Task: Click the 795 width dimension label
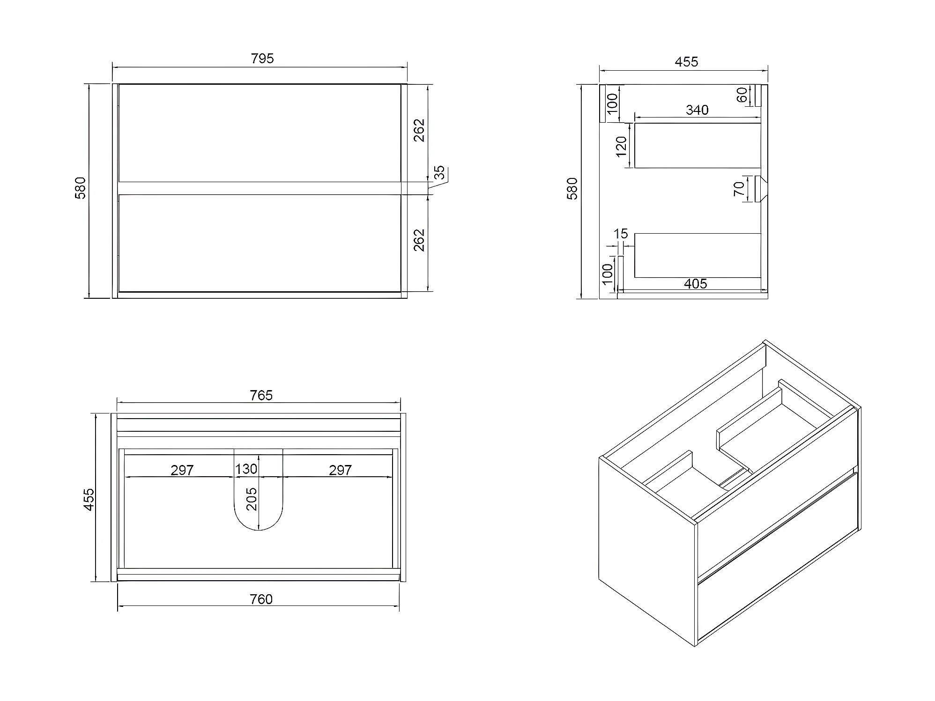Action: tap(262, 59)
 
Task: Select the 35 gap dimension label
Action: tap(439, 173)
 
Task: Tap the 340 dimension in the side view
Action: tap(697, 110)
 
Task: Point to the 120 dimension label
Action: tap(622, 146)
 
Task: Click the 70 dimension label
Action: tap(739, 189)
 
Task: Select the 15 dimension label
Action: tap(620, 233)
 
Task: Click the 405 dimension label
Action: tap(695, 284)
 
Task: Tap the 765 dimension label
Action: tap(261, 396)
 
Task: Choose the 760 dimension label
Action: tap(261, 599)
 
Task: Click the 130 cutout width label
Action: tap(246, 469)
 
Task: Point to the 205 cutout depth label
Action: tap(252, 499)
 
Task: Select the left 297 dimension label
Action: tap(182, 470)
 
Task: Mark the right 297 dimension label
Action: tap(340, 470)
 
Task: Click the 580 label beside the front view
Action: tap(81, 188)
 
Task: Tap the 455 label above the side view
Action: tap(686, 62)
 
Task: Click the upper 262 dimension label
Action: tap(419, 130)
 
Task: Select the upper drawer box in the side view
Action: tap(697, 145)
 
